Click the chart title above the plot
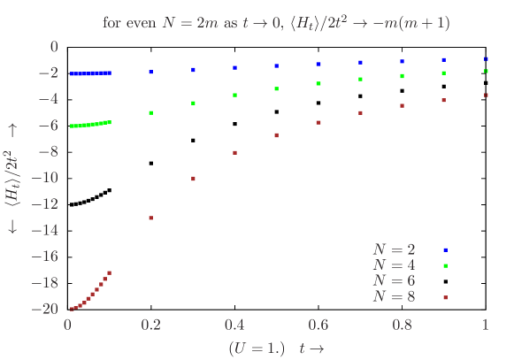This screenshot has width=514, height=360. click(276, 23)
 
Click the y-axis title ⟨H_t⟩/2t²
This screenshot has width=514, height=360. click(12, 178)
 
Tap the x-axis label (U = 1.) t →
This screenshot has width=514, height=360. click(276, 348)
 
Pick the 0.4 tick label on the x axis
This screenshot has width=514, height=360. click(234, 326)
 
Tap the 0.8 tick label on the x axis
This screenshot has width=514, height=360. click(402, 326)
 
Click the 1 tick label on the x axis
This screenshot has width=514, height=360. click(485, 326)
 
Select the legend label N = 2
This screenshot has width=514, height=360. click(394, 250)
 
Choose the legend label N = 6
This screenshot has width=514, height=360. click(394, 280)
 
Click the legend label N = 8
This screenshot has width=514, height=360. click(394, 295)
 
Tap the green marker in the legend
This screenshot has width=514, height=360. click(445, 265)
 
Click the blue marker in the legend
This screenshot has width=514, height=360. click(445, 250)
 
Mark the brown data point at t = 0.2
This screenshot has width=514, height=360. click(151, 218)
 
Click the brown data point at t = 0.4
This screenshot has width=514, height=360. click(234, 153)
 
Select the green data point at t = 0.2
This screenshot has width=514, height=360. click(151, 113)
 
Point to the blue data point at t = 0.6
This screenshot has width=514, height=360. click(318, 65)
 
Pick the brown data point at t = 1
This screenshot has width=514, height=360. click(486, 96)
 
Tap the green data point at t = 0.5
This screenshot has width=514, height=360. click(277, 89)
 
